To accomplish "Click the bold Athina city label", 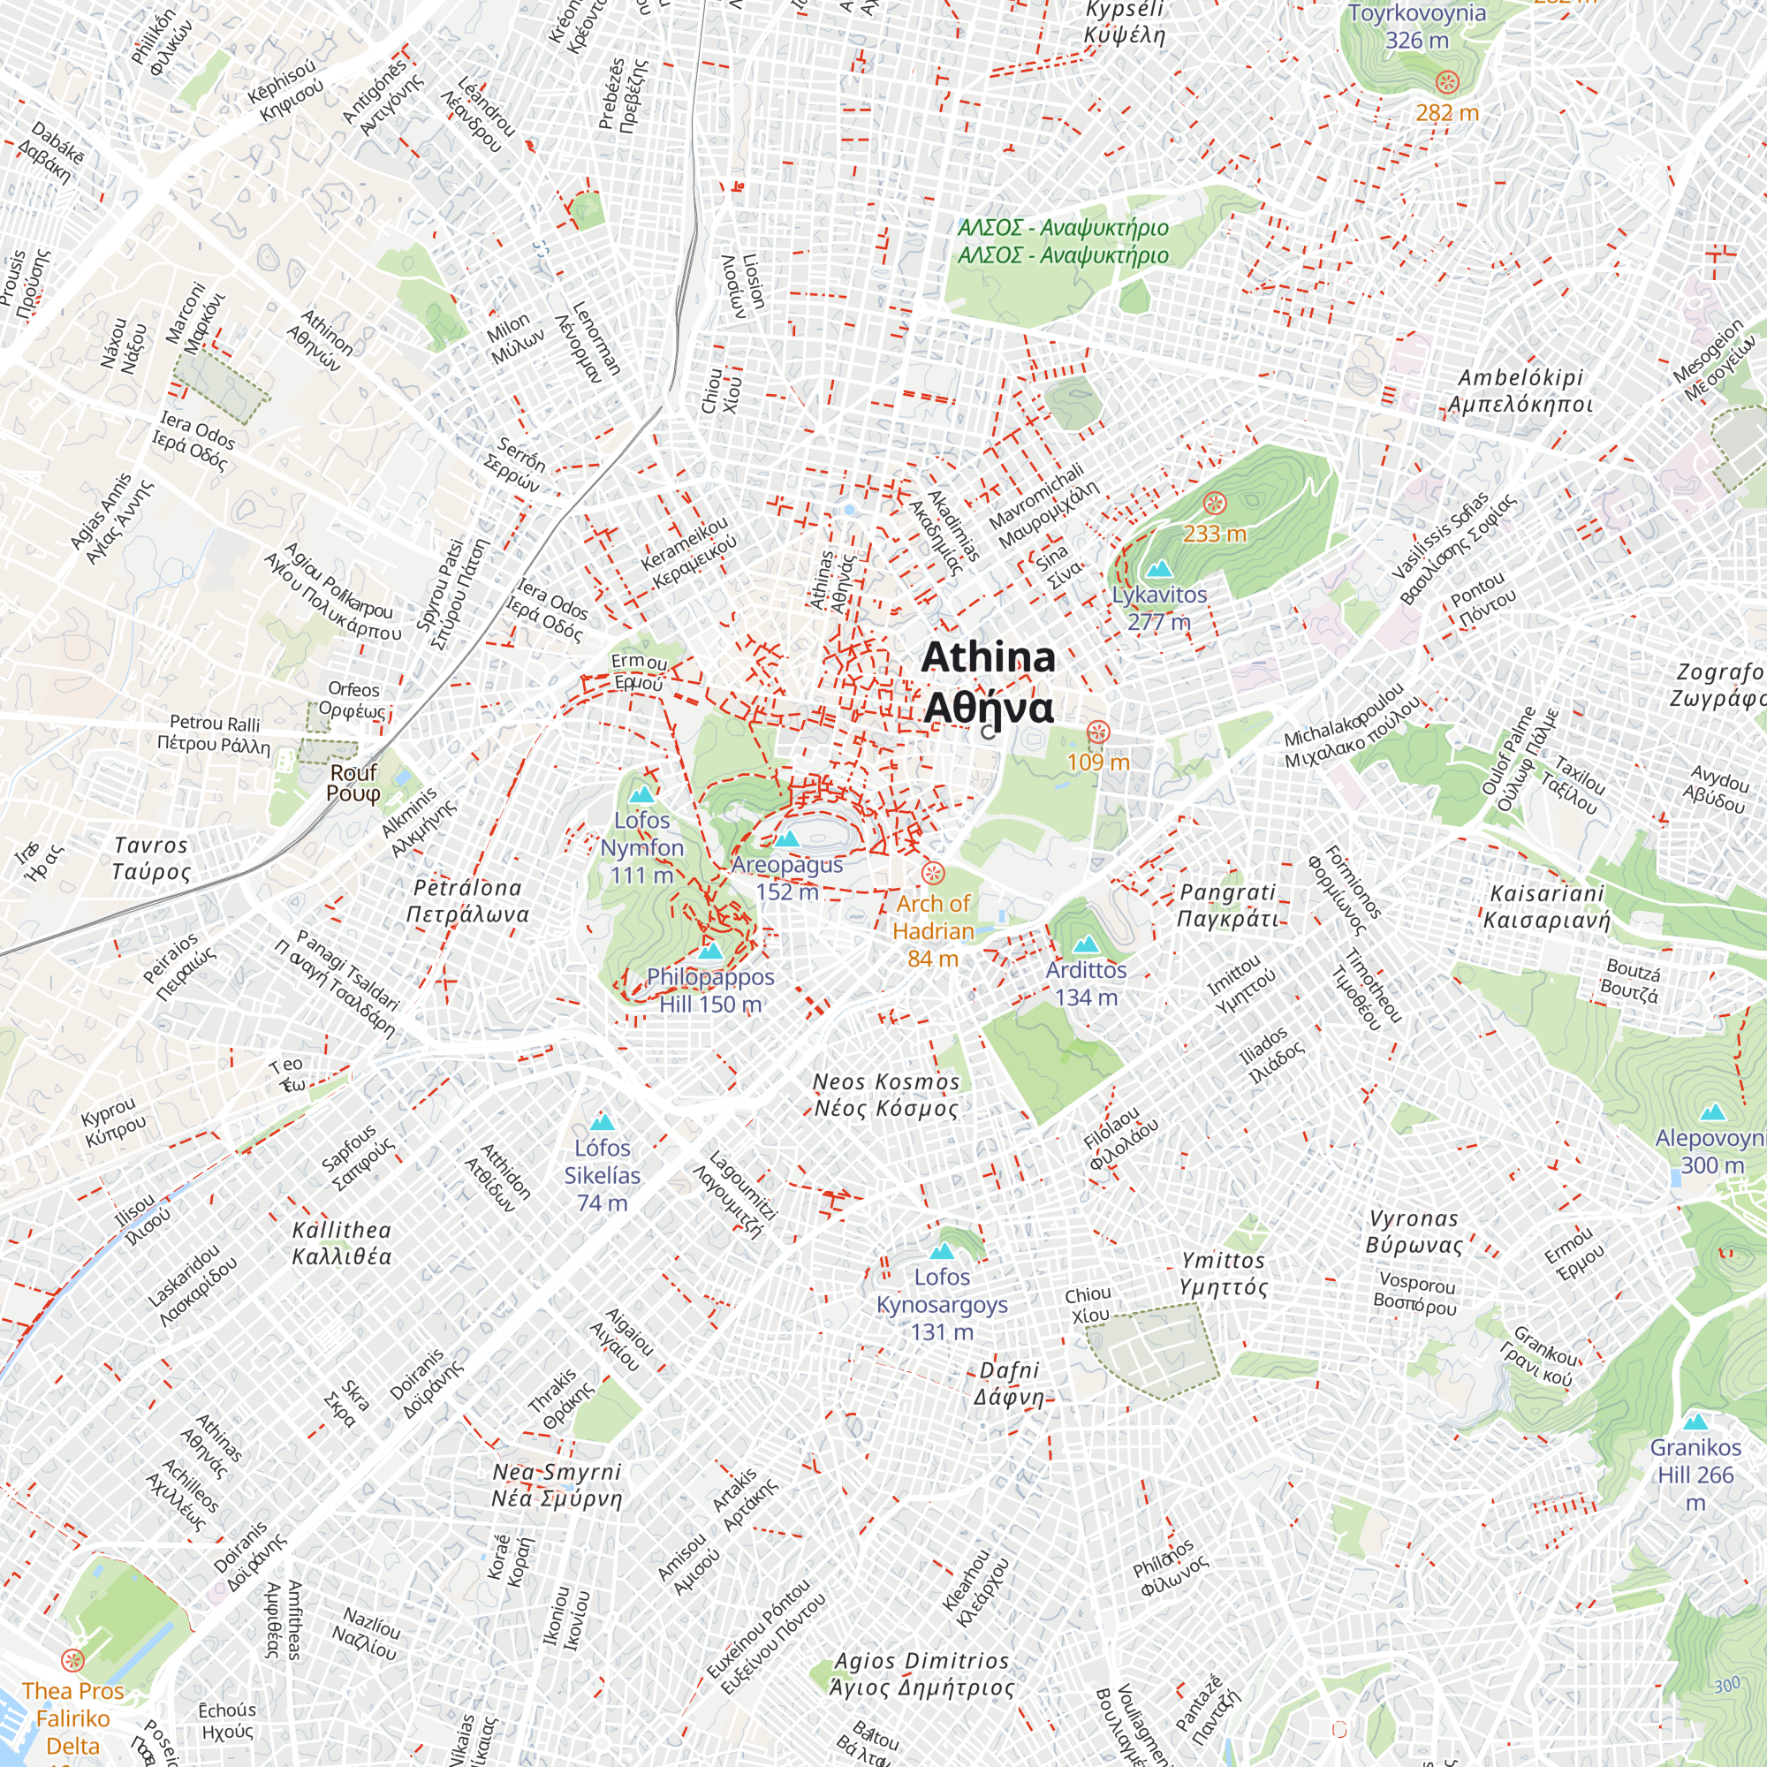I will [x=988, y=682].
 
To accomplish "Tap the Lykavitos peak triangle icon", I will [x=1159, y=569].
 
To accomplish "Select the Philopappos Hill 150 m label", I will [x=709, y=990].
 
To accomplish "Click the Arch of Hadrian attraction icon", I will [x=932, y=872].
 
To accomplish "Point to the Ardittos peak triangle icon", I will [x=1085, y=944].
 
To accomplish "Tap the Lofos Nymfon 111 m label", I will [x=641, y=847].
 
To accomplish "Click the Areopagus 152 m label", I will [x=786, y=877].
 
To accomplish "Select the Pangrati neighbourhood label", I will [x=1226, y=905].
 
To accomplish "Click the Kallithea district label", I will [x=341, y=1243].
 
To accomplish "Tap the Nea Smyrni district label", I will [x=556, y=1485].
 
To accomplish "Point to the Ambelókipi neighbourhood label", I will [x=1519, y=391].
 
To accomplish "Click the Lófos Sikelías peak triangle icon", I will [x=601, y=1122].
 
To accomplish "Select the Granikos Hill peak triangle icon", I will [x=1695, y=1422].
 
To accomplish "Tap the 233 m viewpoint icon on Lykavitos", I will [x=1214, y=502].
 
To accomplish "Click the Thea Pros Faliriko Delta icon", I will [x=72, y=1660].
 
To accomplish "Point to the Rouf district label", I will [x=353, y=782].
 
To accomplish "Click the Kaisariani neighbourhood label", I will [x=1545, y=906].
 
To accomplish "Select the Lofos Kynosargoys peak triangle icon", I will [x=941, y=1251].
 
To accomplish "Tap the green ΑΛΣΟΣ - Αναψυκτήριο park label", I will [x=1063, y=241].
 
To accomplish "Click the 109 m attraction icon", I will [x=1098, y=732].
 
